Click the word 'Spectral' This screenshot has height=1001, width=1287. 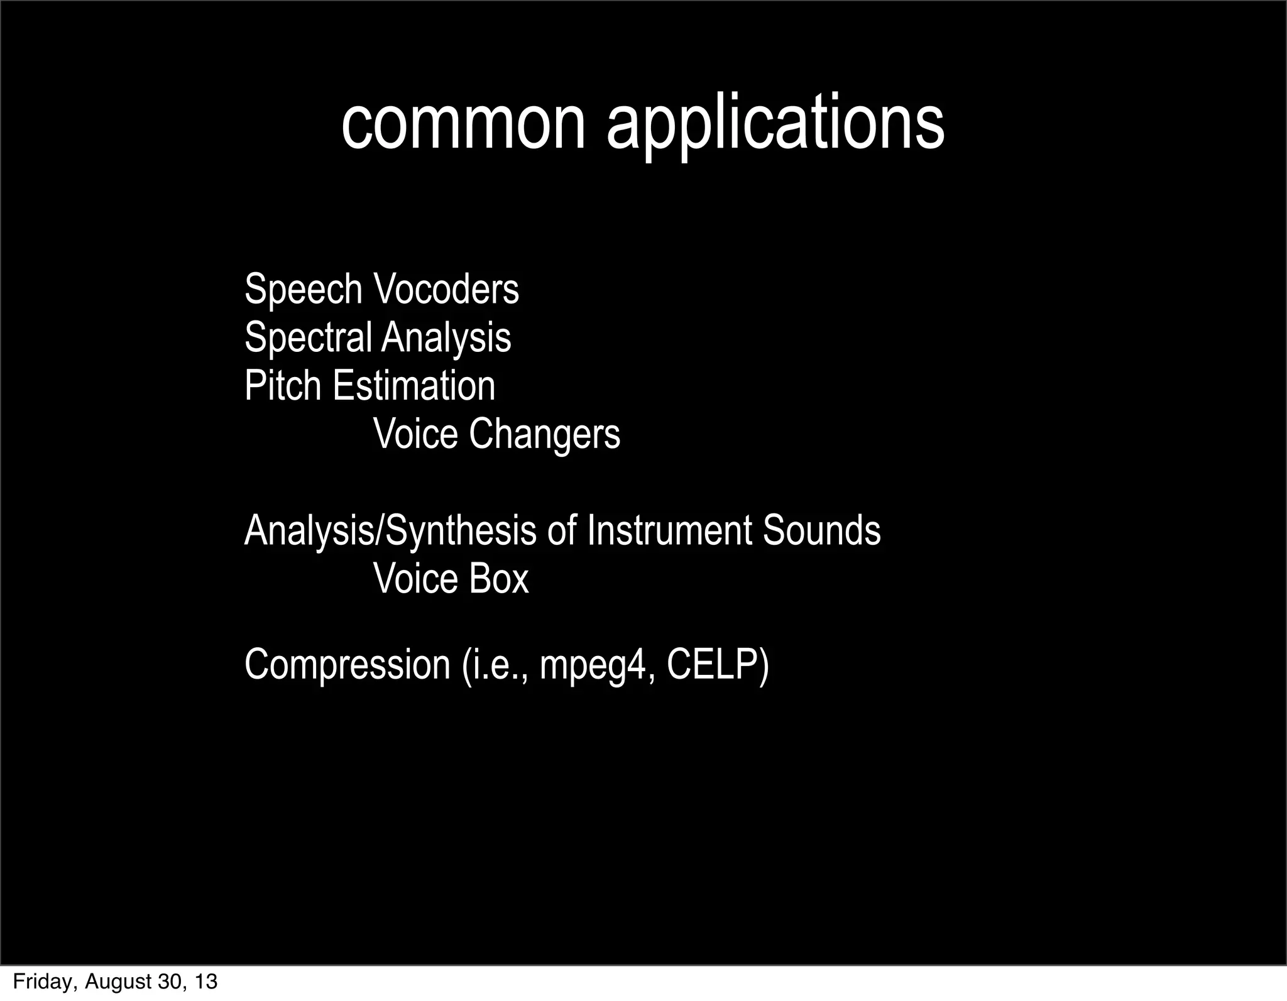tap(307, 337)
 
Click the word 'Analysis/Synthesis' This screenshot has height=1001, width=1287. tap(390, 530)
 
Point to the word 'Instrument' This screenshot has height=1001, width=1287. tap(669, 530)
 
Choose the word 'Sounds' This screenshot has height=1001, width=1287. tap(821, 530)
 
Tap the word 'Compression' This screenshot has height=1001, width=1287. tap(347, 664)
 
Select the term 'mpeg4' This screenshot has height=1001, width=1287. tap(593, 664)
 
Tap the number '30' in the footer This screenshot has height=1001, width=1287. tap(169, 982)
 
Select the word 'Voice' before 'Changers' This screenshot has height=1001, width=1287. tap(415, 434)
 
